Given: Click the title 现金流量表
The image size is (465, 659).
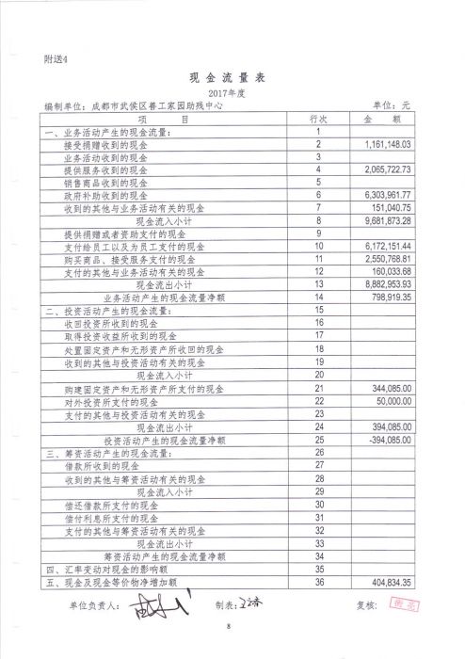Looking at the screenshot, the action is coord(231,78).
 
